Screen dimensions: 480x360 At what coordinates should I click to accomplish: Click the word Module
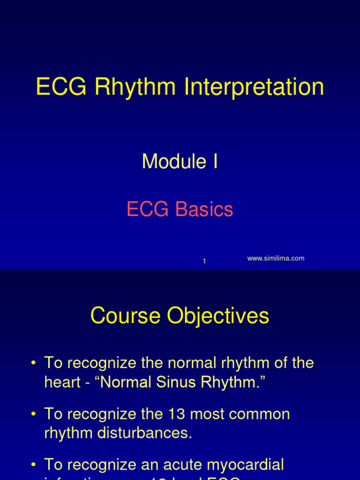point(174,162)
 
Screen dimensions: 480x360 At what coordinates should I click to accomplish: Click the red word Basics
point(204,210)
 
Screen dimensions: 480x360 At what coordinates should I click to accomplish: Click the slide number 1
point(204,261)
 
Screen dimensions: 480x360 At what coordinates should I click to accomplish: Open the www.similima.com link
point(276,258)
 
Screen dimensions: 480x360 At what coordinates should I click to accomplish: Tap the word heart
point(61,382)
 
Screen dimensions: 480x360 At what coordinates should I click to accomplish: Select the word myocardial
point(244,465)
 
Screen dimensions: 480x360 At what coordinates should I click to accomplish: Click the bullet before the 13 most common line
point(33,415)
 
